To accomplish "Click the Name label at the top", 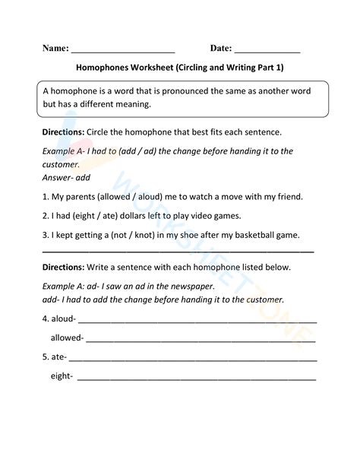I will (55, 48).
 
